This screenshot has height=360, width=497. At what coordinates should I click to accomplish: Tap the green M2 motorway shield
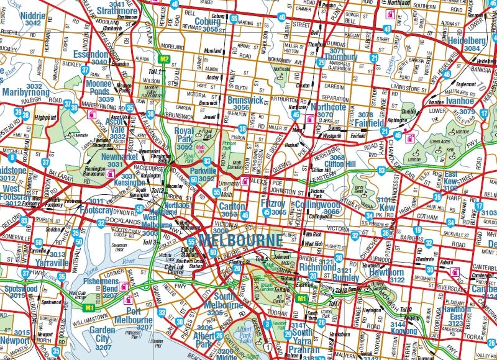coord(164,60)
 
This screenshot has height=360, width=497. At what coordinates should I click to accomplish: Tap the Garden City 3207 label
coord(103,334)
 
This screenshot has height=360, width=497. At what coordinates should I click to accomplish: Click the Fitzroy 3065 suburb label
coord(273,207)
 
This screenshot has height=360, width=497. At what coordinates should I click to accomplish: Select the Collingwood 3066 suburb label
coord(317,207)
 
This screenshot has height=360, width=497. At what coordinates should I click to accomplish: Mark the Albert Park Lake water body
coord(247,335)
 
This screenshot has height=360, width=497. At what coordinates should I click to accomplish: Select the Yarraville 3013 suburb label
coord(48,257)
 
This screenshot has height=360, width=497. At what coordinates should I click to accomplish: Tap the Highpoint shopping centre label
coord(45,117)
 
